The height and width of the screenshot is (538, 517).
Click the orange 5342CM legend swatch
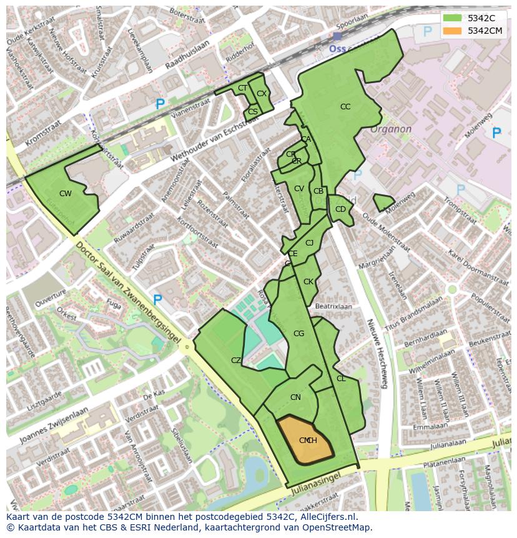pyautogui.click(x=453, y=31)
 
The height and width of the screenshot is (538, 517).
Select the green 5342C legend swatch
pyautogui.click(x=453, y=18)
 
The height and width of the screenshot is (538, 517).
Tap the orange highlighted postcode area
pyautogui.click(x=305, y=440)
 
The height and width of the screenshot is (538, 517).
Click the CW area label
pyautogui.click(x=66, y=194)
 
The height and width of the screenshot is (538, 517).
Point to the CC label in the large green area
pyautogui.click(x=345, y=107)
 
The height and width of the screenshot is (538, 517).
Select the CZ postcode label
pyautogui.click(x=236, y=361)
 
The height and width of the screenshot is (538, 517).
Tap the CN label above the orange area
pyautogui.click(x=295, y=397)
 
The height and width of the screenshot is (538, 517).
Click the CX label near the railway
pyautogui.click(x=262, y=94)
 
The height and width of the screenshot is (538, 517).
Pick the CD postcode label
pyautogui.click(x=340, y=209)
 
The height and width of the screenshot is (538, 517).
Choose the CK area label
pyautogui.click(x=308, y=282)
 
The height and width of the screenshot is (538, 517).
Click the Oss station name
pyautogui.click(x=338, y=48)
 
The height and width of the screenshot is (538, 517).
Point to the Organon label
pyautogui.click(x=391, y=129)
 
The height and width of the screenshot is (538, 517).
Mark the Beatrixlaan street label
pyautogui.click(x=334, y=307)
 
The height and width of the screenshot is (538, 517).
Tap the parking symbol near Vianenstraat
pyautogui.click(x=160, y=104)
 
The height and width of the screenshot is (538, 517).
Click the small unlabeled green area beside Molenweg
pyautogui.click(x=383, y=202)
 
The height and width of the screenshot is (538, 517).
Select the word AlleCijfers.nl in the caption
pyautogui.click(x=325, y=517)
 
